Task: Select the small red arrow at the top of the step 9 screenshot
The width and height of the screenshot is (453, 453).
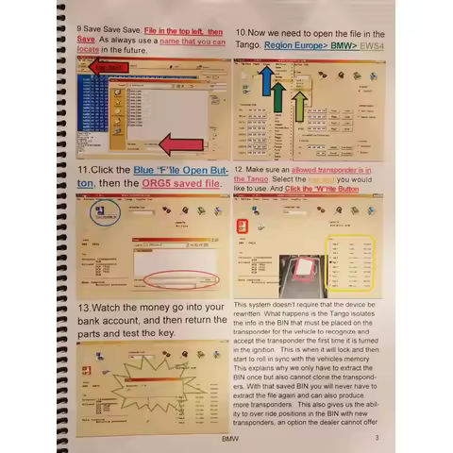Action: pyautogui.click(x=106, y=67)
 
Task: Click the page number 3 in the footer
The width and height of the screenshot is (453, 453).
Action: pyautogui.click(x=376, y=439)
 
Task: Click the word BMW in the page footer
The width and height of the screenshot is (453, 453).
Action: pyautogui.click(x=228, y=439)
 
